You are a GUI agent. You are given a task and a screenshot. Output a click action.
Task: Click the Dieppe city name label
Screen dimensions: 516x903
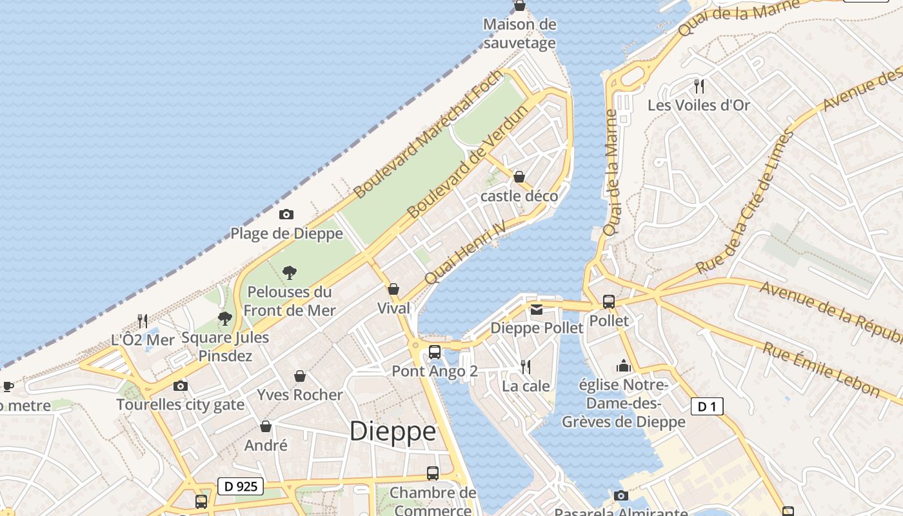392,432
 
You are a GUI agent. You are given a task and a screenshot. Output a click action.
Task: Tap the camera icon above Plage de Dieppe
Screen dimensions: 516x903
286,214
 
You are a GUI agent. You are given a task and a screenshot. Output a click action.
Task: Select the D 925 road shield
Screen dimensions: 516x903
240,486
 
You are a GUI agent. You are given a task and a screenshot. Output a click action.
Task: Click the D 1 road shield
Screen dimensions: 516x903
707,406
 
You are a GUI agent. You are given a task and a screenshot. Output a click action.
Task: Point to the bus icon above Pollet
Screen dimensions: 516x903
608,301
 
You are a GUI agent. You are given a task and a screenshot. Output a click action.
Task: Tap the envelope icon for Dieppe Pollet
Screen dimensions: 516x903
537,310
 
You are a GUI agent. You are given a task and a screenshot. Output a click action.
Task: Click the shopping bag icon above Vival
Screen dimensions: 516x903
393,289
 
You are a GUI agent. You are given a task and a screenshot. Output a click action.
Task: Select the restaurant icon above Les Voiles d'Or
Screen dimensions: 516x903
699,86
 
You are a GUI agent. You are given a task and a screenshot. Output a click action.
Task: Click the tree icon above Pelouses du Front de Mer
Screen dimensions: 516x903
290,273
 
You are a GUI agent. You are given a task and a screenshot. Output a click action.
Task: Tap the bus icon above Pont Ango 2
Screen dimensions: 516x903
435,352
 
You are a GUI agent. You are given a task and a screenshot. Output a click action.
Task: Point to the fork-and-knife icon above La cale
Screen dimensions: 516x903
526,367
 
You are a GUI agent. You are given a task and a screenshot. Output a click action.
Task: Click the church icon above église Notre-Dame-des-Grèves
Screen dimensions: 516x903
624,366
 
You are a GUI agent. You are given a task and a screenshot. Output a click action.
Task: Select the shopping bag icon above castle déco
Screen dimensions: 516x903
519,176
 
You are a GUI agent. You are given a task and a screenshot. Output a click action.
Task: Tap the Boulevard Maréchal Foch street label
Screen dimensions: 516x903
428,134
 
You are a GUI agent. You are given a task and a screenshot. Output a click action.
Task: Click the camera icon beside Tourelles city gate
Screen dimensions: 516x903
181,386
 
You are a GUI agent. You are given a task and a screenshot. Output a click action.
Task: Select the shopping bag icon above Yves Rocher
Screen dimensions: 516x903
300,375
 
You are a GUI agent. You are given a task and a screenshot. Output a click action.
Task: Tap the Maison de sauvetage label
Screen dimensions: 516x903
519,34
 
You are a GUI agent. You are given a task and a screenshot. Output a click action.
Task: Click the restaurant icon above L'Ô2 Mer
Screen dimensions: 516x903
143,320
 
